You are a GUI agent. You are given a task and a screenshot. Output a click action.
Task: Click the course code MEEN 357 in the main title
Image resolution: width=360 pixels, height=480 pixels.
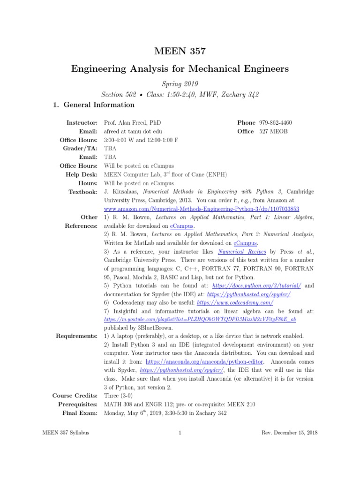[x=180, y=51]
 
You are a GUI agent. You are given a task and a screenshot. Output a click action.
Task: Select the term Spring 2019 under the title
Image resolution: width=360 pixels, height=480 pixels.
[x=180, y=83]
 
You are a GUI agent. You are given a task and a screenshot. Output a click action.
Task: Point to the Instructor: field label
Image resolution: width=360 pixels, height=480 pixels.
[x=82, y=122]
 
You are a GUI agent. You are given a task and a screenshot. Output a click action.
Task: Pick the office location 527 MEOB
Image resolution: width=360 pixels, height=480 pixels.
[x=274, y=131]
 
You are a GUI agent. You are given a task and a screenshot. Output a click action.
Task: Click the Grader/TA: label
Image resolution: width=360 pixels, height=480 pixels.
[x=81, y=149]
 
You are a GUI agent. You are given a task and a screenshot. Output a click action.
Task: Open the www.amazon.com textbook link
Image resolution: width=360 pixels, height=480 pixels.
[x=202, y=209]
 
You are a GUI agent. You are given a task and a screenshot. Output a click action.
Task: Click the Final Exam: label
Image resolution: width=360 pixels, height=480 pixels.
[x=80, y=413]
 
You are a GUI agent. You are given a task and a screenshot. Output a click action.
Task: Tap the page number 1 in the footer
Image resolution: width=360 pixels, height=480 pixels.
[x=180, y=433]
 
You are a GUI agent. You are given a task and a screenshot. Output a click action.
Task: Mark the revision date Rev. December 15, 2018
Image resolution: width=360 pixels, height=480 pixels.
[x=289, y=433]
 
